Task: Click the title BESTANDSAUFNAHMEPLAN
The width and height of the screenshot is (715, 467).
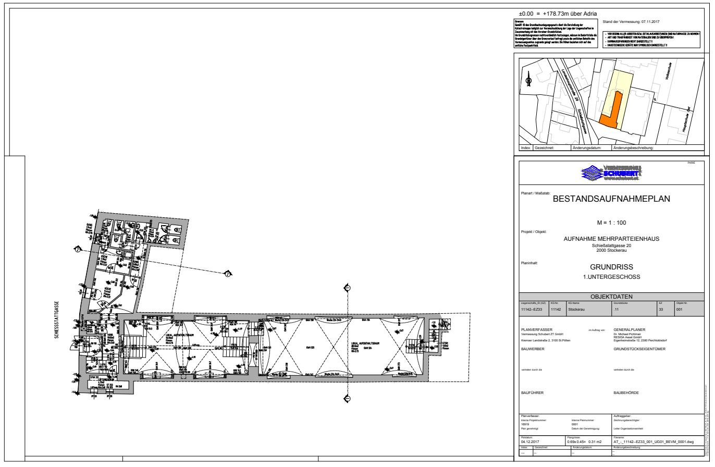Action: click(x=611, y=199)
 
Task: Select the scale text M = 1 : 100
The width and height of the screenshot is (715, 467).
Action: click(x=611, y=223)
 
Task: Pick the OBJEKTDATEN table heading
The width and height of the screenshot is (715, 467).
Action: click(x=611, y=297)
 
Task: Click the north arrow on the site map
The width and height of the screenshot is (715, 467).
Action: click(x=528, y=81)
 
